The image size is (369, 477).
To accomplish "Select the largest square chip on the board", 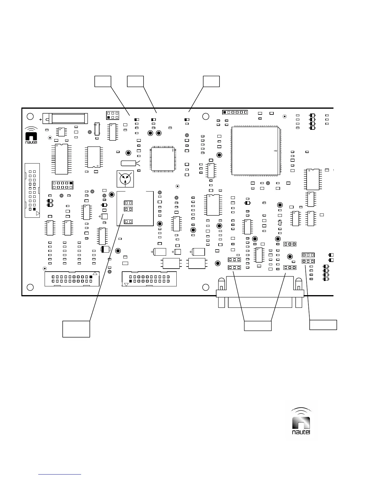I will pyautogui.click(x=255, y=151).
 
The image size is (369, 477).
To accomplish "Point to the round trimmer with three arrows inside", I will pyautogui.click(x=125, y=178).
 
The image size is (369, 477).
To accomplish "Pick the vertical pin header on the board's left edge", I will pyautogui.click(x=32, y=190).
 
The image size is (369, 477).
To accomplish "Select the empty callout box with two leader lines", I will pyautogui.click(x=257, y=326).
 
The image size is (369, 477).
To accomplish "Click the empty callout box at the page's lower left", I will pyautogui.click(x=76, y=329).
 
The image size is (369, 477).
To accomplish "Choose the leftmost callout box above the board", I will pyautogui.click(x=103, y=81).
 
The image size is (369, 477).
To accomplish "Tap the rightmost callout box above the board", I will pyautogui.click(x=211, y=81).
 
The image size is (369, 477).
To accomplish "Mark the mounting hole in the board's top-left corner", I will pyautogui.click(x=30, y=116).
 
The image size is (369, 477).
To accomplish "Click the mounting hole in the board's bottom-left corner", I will pyautogui.click(x=30, y=287).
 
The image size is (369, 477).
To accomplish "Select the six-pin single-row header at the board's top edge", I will pyautogui.click(x=235, y=112).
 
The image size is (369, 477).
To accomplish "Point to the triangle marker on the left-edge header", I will pyautogui.click(x=38, y=214).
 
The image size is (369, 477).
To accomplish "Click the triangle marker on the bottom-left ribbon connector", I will pyautogui.click(x=95, y=273).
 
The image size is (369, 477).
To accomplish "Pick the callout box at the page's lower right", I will pyautogui.click(x=323, y=325).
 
